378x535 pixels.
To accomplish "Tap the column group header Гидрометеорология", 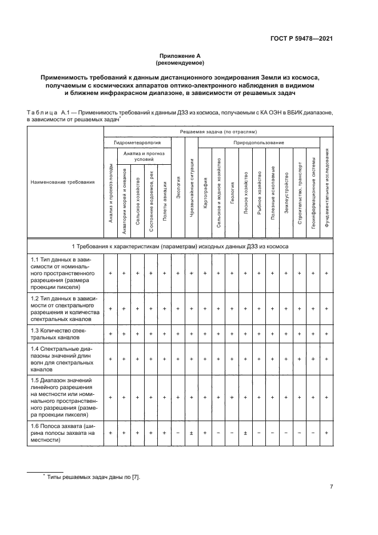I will point(137,141).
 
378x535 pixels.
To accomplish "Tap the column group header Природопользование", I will point(258,141).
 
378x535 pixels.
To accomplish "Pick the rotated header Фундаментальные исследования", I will point(327,187).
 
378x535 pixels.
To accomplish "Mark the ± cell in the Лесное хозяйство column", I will point(245,433).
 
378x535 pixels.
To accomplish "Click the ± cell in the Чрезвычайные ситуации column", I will point(192,433).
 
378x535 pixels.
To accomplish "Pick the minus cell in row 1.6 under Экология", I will point(178,433).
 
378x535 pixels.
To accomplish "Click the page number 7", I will point(331,487).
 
